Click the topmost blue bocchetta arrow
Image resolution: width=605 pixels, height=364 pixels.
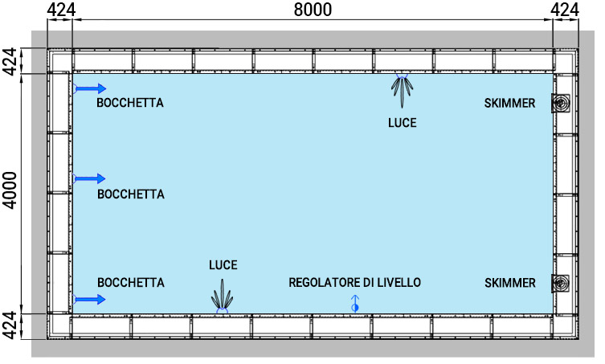[x=90, y=88]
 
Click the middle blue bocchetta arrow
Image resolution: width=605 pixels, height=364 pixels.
[x=90, y=178]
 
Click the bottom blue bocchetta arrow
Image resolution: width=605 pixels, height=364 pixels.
[x=90, y=300]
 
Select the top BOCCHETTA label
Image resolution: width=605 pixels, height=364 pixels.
[x=130, y=104]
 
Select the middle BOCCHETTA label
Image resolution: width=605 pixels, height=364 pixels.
[x=130, y=194]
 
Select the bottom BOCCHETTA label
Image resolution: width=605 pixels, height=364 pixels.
[x=130, y=283]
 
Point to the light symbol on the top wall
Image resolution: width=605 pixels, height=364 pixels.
[x=402, y=89]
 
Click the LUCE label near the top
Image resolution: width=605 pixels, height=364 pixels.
[x=402, y=123]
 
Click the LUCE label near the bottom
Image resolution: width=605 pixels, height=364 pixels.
[x=223, y=264]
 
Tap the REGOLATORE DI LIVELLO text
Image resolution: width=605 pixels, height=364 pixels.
[x=354, y=283]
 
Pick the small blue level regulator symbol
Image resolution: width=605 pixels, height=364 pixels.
[x=354, y=304]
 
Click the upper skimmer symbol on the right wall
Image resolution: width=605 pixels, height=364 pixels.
[x=561, y=103]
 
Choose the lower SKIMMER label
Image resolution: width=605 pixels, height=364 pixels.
[x=509, y=283]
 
